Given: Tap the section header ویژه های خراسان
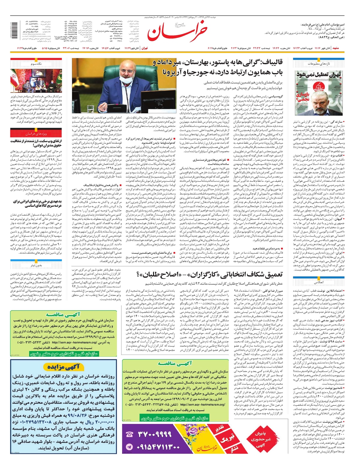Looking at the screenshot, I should [36, 133].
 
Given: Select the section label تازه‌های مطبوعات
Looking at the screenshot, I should [319, 64].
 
